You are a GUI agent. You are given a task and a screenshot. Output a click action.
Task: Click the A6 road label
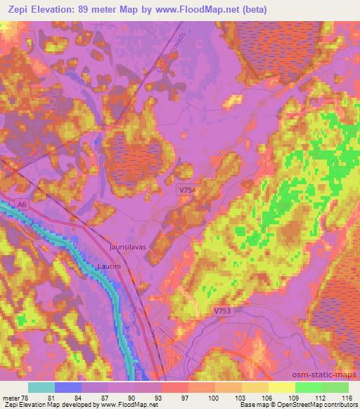click(23, 204)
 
